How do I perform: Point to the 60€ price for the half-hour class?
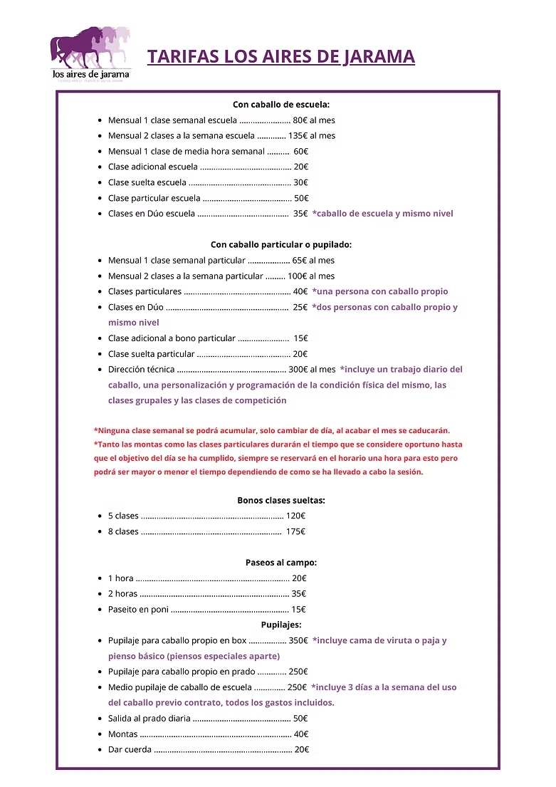(300, 151)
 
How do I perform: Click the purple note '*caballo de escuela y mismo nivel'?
(382, 214)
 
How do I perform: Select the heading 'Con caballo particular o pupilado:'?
(281, 244)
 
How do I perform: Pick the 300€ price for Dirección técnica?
(297, 370)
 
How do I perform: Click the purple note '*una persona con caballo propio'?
(380, 291)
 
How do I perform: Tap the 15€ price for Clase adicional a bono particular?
(300, 338)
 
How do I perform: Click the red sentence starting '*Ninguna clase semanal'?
(272, 430)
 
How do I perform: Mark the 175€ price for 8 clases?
(295, 531)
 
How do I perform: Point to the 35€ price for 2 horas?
(299, 594)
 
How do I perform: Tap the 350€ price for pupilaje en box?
(298, 640)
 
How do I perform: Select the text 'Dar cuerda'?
(130, 749)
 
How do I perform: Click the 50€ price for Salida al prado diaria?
(300, 719)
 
